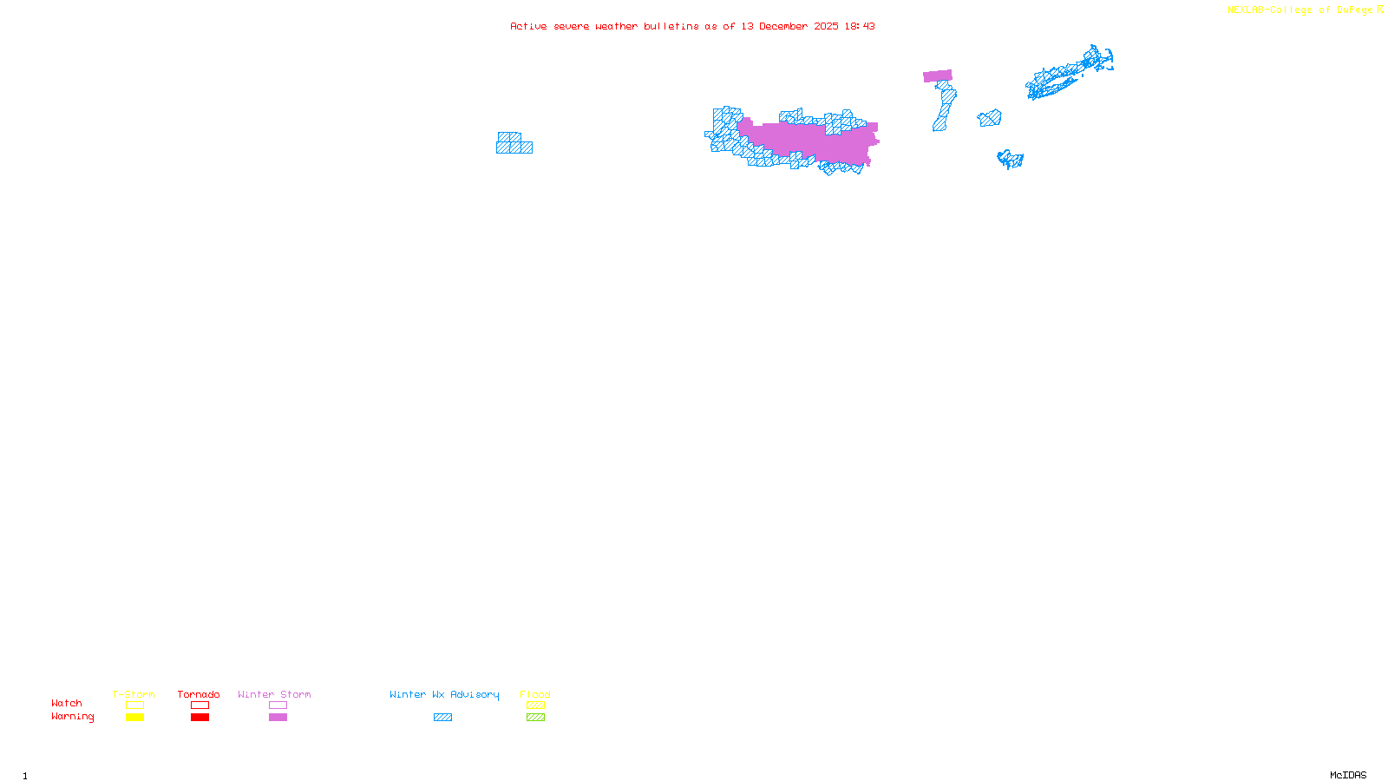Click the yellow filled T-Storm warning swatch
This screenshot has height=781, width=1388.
point(134,718)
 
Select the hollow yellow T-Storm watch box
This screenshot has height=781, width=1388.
point(134,706)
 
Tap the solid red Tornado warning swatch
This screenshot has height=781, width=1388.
point(200,718)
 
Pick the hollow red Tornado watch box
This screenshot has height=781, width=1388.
point(200,706)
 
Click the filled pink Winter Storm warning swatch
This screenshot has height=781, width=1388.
point(278,718)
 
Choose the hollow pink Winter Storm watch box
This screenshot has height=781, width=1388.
point(278,706)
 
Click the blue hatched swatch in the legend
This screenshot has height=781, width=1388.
point(442,718)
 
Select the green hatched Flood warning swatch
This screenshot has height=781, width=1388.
point(535,718)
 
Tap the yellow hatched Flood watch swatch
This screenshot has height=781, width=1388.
point(535,706)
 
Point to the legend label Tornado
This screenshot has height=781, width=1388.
point(199,694)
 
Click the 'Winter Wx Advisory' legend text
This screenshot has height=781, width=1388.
point(444,694)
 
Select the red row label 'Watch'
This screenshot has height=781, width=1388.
point(67,704)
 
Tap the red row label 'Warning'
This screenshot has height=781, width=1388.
point(73,717)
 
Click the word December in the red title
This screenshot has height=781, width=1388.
point(783,27)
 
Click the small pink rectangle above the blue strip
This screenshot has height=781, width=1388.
point(937,76)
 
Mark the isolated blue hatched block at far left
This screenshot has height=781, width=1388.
point(514,144)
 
